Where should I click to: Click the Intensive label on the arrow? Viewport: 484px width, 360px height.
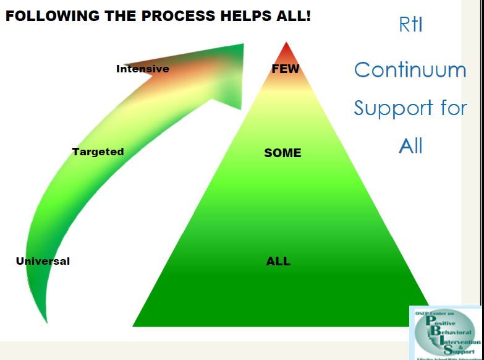click(142, 69)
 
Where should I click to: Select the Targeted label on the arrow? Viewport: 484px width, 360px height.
click(98, 152)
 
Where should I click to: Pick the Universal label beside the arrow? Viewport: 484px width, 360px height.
click(43, 261)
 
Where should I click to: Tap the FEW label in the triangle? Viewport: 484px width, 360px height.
click(285, 69)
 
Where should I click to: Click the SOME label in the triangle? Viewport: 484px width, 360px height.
click(282, 153)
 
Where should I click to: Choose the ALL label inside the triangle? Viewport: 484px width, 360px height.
click(278, 261)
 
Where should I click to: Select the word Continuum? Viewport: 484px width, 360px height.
click(410, 69)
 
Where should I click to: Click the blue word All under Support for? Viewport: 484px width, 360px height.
click(410, 146)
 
